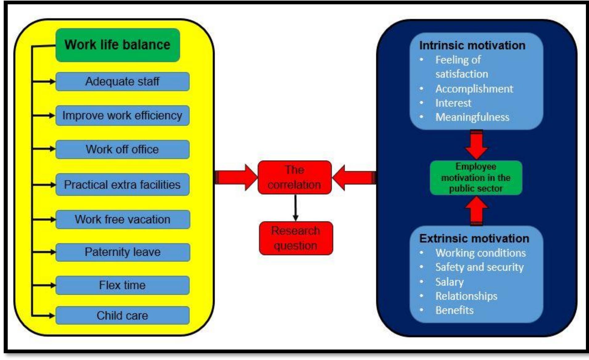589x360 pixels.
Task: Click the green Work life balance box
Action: [117, 45]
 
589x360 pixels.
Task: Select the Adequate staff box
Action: [122, 82]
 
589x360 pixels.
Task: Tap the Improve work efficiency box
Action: [122, 116]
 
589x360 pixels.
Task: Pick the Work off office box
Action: [122, 149]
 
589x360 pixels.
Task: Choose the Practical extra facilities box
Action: [122, 185]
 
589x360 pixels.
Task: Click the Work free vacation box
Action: [122, 219]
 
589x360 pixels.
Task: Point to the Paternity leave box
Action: [122, 252]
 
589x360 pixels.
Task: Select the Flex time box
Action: [122, 285]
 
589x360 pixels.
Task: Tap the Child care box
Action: [122, 315]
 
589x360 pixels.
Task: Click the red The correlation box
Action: [294, 178]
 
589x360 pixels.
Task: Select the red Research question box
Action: [296, 238]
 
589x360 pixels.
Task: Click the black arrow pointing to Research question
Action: [295, 208]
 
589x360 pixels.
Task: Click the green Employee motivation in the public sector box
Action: [476, 178]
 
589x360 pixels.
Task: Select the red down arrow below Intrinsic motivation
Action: [476, 144]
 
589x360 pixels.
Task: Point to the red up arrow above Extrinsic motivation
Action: [476, 211]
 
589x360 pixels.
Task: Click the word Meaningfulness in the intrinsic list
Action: [472, 117]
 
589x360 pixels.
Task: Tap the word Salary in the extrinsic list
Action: [449, 282]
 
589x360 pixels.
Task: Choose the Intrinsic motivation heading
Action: [472, 45]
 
